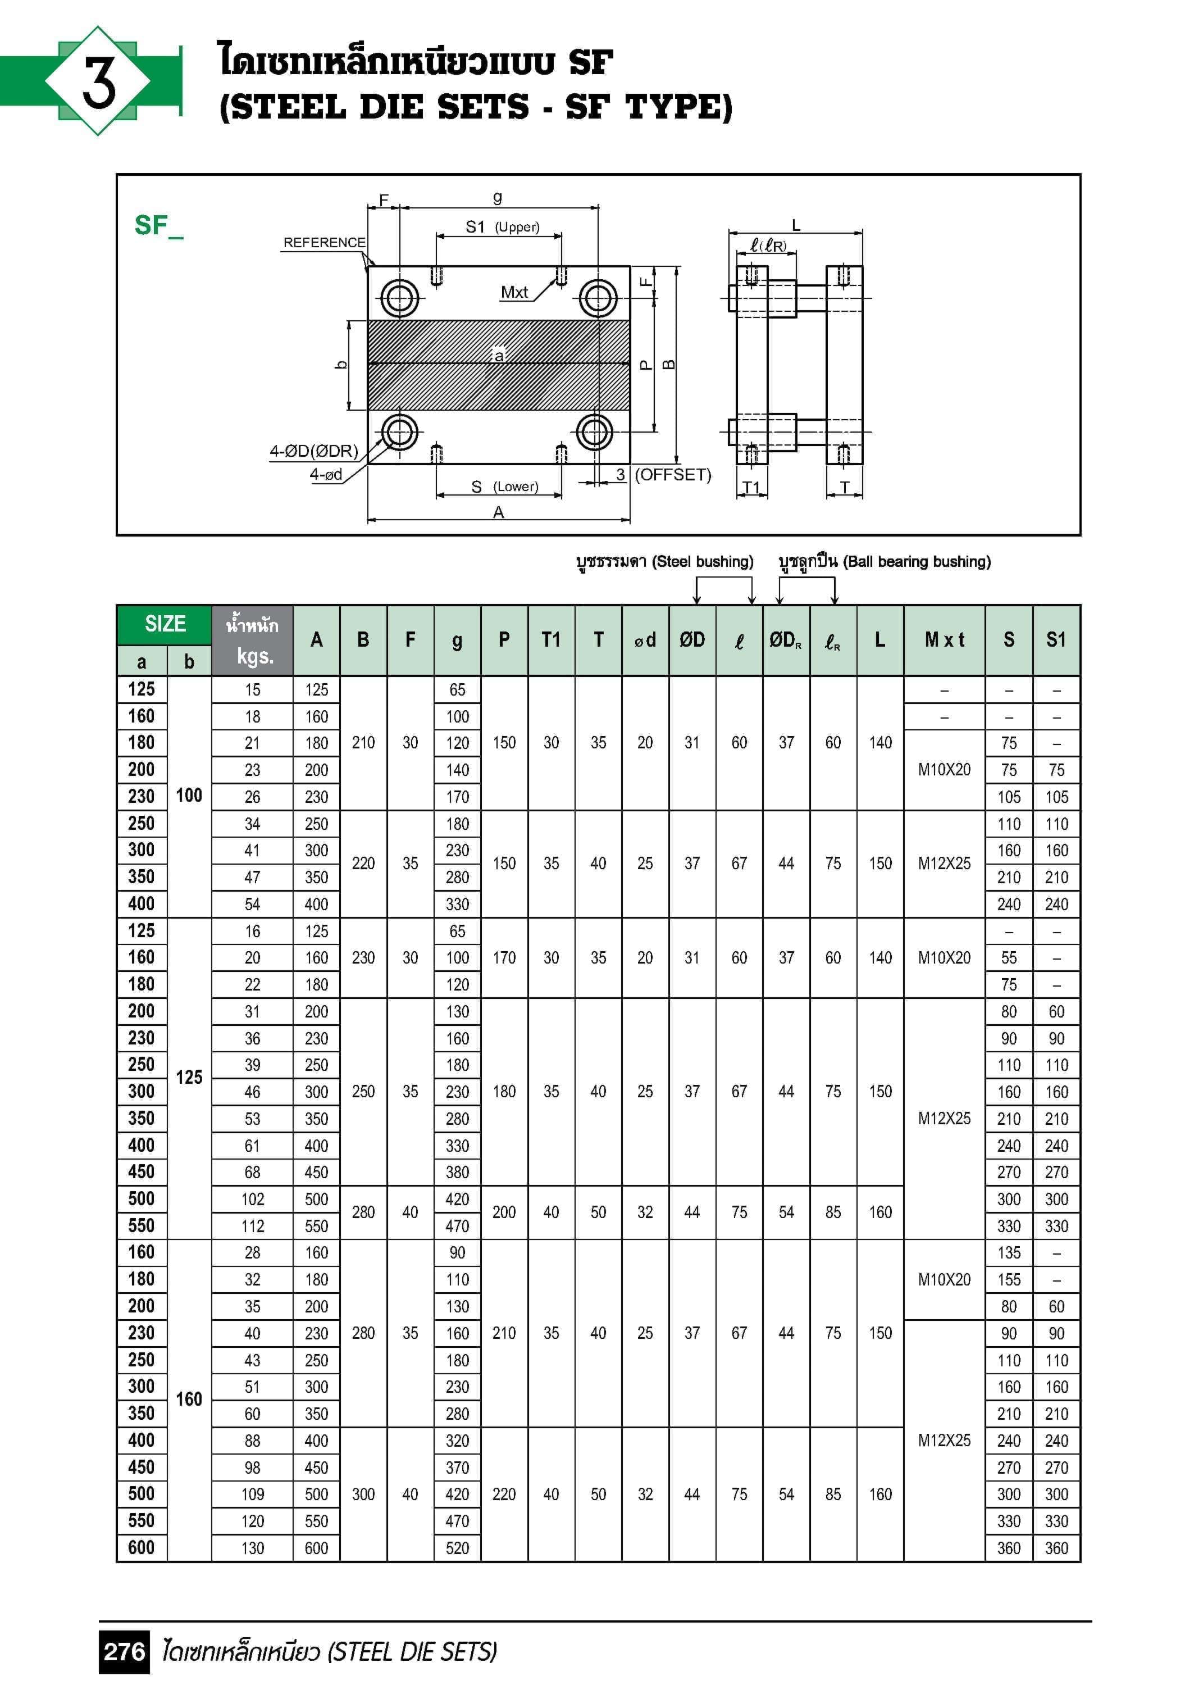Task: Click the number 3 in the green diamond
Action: (98, 81)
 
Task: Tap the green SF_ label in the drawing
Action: (158, 225)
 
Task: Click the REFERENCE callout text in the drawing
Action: (324, 243)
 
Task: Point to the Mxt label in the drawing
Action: (513, 292)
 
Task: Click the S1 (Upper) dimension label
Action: (502, 227)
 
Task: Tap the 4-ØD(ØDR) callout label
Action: (314, 451)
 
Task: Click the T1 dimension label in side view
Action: (751, 487)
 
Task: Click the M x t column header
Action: (944, 640)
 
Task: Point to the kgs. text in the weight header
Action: (252, 656)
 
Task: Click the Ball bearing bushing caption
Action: (884, 562)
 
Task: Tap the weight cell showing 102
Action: (252, 1200)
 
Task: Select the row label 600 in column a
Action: (142, 1547)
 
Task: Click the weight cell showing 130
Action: (252, 1548)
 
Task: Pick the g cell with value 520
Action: (457, 1548)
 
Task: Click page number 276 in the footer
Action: (124, 1652)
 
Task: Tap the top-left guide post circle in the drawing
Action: (399, 299)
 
